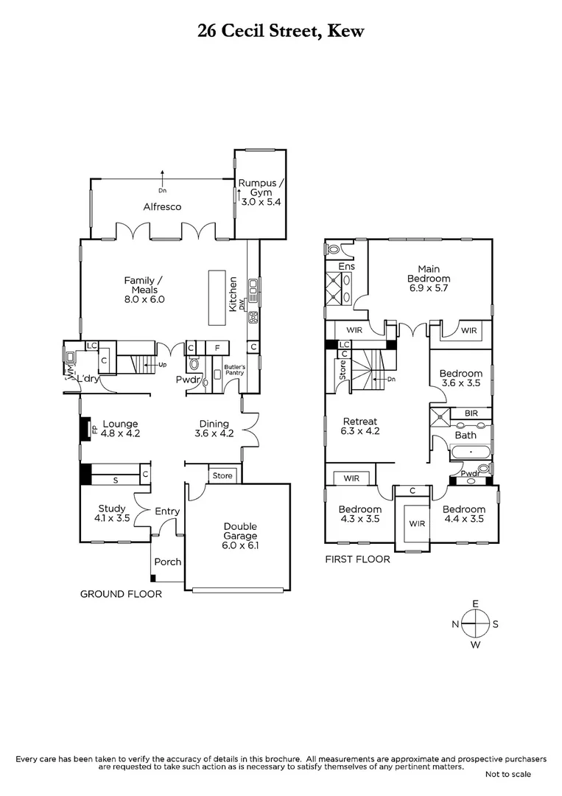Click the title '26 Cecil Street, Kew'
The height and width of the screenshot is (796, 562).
pos(281,30)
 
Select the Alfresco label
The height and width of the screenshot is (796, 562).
pos(162,207)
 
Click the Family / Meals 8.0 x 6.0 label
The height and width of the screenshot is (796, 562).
pos(143,290)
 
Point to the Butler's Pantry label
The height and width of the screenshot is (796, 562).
pos(233,369)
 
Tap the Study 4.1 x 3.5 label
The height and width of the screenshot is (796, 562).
pos(113,513)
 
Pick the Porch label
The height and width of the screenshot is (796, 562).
pos(167,562)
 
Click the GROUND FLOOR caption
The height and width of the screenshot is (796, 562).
pos(121,593)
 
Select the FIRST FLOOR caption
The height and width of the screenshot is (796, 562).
pos(358,559)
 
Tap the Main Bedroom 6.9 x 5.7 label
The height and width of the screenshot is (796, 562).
pos(428,279)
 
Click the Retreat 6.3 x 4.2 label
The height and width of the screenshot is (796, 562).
pos(361,427)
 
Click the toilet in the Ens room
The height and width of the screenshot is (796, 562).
pos(334,249)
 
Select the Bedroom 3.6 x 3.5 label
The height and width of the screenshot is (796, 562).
pos(460,379)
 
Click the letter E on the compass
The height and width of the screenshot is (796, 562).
pos(476,604)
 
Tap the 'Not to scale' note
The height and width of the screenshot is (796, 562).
pos(507,774)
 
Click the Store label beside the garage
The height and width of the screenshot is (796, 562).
pos(222,475)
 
